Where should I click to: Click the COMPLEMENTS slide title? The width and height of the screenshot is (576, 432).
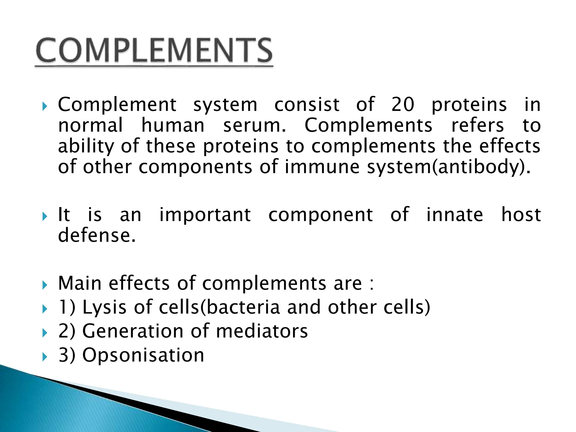[154, 51]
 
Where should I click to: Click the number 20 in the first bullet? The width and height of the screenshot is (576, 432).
[403, 105]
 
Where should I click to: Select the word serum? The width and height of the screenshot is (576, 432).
[255, 125]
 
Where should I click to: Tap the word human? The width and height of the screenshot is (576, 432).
[173, 125]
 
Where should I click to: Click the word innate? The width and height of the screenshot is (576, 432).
[455, 215]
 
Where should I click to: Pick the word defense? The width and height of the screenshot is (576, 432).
[97, 236]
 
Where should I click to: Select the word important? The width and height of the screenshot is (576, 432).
[205, 215]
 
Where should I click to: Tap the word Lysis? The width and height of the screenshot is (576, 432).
[104, 307]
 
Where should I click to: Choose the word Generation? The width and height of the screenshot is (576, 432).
[133, 331]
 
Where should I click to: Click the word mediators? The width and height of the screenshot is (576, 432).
[262, 331]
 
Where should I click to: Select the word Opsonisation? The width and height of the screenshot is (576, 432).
[143, 355]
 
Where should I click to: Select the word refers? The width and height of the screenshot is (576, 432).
[477, 125]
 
